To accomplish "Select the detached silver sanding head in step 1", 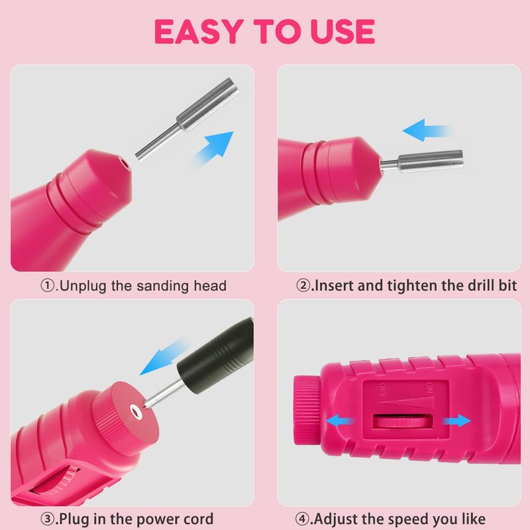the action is pos(187,119).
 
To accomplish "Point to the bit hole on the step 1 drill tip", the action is pos(126,164).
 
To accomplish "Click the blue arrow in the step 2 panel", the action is pos(426,131).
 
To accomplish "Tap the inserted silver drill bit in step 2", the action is pos(421,162).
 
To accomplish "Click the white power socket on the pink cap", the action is pos(136,411).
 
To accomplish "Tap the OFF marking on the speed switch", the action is pos(383,390).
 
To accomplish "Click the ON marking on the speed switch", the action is pos(429,388).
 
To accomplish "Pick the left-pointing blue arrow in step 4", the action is pos(339,421).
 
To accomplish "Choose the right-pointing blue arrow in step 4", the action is pos(456,421).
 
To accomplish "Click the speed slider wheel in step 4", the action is pos(403,421).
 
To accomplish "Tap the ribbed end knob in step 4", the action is pos(307,409).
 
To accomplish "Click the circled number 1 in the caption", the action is pos(47,286).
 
